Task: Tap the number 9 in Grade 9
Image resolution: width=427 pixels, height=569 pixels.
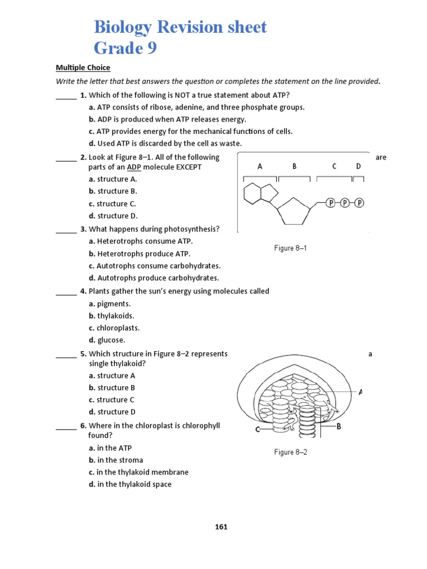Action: tap(151, 49)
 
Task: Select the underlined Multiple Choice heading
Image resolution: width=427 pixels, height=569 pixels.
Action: tap(83, 68)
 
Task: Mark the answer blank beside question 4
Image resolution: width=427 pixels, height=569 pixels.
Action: tap(66, 293)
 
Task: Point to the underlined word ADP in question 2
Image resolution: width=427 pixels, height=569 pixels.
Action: tap(134, 167)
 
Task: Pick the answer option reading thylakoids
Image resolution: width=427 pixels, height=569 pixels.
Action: tap(115, 316)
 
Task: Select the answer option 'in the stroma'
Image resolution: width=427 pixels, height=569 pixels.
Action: tap(120, 460)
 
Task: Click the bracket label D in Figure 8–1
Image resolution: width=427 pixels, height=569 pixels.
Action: tap(358, 166)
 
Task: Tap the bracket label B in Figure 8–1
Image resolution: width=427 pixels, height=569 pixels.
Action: tap(294, 166)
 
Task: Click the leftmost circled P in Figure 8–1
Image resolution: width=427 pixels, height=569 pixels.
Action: tap(331, 203)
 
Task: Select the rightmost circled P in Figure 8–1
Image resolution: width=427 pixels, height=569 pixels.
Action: tap(359, 203)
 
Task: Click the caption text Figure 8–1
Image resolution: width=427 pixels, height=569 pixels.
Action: tap(290, 248)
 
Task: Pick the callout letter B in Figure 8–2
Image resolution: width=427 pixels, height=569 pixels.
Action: tap(339, 427)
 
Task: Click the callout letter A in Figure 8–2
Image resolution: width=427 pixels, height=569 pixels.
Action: tap(360, 392)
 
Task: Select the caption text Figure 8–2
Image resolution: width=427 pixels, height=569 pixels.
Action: tap(290, 452)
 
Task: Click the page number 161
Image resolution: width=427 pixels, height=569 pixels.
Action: tap(221, 527)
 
